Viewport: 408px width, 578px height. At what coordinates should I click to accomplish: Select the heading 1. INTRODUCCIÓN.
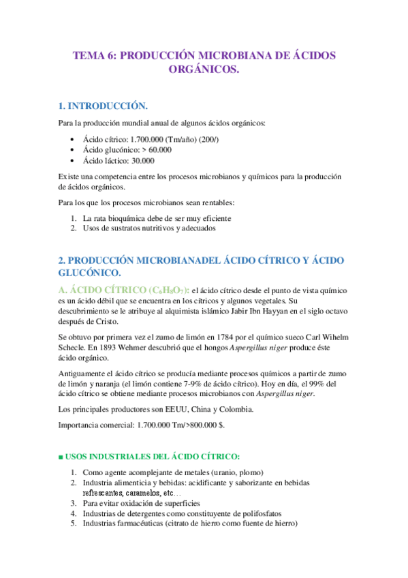(x=102, y=106)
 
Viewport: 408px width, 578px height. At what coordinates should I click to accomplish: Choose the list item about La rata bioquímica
(x=157, y=218)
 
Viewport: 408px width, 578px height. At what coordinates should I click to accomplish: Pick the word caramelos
(x=142, y=493)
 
